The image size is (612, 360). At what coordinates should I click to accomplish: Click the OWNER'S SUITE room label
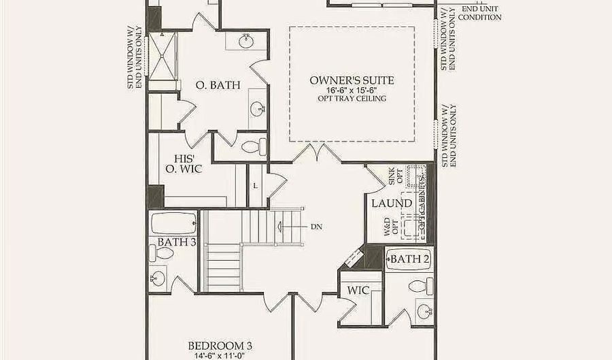(352, 80)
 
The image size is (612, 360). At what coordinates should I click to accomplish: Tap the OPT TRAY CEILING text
(352, 99)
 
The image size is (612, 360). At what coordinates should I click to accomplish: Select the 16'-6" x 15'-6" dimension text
(352, 90)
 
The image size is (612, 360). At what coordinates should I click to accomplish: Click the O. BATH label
(211, 86)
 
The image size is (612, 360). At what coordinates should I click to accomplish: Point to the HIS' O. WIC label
(184, 163)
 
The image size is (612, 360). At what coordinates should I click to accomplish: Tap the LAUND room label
(391, 203)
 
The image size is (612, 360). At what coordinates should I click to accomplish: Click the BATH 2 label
(409, 259)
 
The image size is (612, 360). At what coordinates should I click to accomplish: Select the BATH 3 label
(177, 242)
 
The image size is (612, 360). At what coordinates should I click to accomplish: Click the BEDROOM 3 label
(221, 344)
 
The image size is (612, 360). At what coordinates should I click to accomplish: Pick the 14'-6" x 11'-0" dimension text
(221, 355)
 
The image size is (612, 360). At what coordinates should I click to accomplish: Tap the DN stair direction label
(316, 226)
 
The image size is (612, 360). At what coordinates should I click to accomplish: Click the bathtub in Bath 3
(173, 223)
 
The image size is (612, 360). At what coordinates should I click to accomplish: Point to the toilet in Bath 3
(164, 254)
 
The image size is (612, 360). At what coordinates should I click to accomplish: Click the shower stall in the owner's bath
(162, 58)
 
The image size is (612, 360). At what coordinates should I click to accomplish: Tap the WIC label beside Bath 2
(358, 291)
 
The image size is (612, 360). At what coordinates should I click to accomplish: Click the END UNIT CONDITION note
(479, 13)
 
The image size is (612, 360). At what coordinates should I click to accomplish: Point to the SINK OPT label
(395, 176)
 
